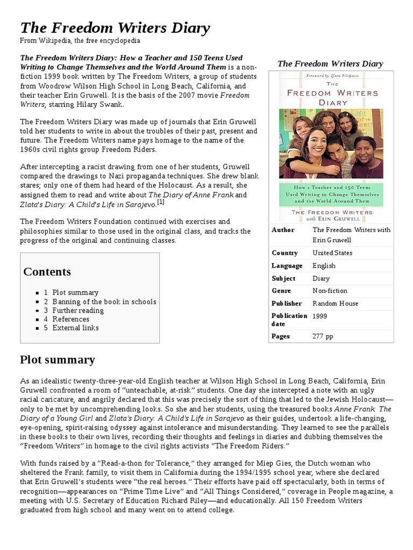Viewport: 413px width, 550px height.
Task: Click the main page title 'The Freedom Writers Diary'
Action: click(x=115, y=28)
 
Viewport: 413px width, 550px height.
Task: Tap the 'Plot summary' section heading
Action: click(x=58, y=359)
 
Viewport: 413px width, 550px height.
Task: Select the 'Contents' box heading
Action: click(x=47, y=271)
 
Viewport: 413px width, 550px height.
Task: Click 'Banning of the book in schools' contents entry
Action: click(x=104, y=301)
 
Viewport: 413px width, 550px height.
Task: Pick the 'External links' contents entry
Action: click(x=75, y=328)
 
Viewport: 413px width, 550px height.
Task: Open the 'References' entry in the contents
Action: click(x=70, y=319)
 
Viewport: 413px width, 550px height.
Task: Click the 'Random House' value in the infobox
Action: click(x=336, y=303)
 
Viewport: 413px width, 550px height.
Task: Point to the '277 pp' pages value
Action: click(x=323, y=336)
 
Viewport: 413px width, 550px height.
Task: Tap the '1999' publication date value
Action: click(x=320, y=316)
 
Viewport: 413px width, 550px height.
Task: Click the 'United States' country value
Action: click(x=332, y=252)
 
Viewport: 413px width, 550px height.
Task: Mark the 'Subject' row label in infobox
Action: click(x=284, y=278)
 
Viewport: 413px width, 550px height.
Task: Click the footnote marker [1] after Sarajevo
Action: click(x=160, y=202)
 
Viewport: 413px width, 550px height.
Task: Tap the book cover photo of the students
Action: click(x=331, y=143)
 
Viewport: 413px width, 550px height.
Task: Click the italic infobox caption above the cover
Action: click(x=330, y=64)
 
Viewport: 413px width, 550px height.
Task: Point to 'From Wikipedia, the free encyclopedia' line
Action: click(x=80, y=41)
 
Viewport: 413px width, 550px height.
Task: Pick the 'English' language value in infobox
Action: click(x=324, y=265)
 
